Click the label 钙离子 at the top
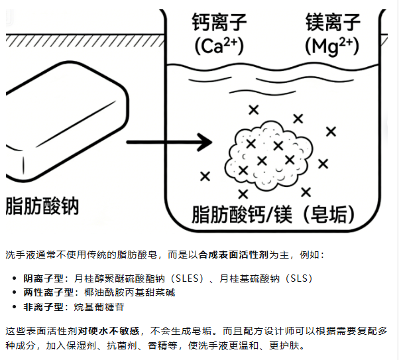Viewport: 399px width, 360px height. pos(219,24)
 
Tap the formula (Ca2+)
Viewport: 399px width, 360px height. pos(219,46)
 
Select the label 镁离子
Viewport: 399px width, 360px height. pos(333,24)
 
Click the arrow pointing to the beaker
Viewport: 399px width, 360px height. pos(168,142)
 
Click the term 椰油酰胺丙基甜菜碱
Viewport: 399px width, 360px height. pos(125,292)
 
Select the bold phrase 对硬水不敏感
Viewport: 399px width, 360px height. pos(108,330)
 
